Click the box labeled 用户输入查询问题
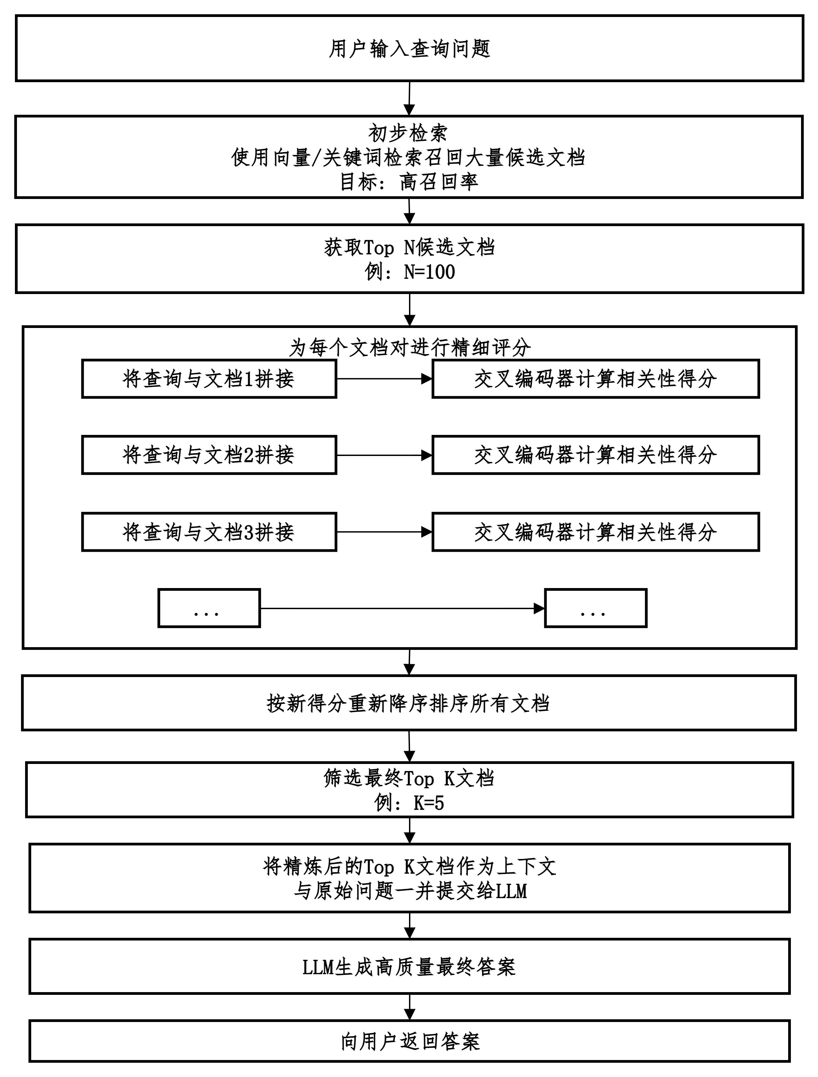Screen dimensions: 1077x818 (x=409, y=49)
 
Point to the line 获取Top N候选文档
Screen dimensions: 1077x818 (x=409, y=248)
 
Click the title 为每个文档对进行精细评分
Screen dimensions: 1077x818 (x=409, y=347)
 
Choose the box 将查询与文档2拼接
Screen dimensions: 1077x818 (x=209, y=455)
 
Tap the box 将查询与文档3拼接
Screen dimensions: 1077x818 (x=209, y=532)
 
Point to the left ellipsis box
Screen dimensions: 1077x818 (x=209, y=608)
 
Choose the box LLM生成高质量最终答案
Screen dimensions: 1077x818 (x=409, y=967)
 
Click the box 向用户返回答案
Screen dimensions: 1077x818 (x=409, y=1041)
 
